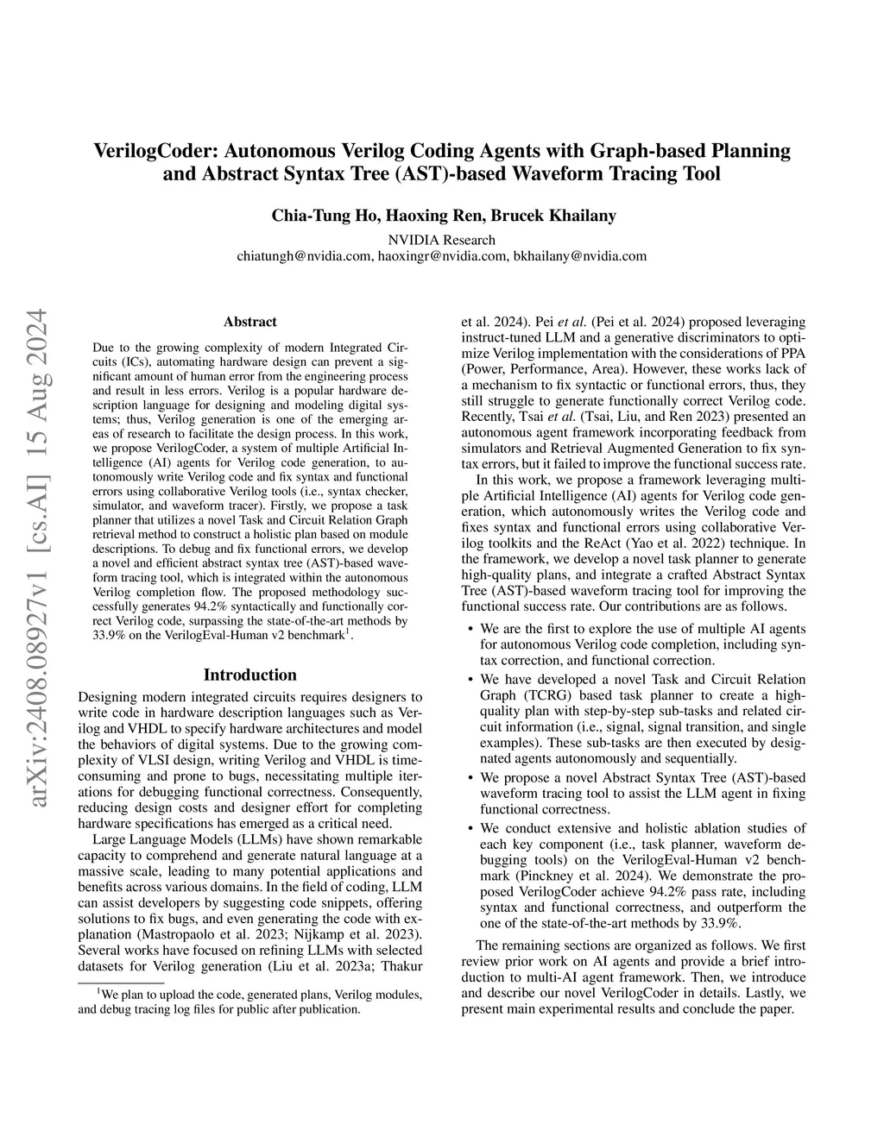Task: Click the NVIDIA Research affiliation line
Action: pyautogui.click(x=442, y=240)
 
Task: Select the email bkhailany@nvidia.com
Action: pyautogui.click(x=580, y=256)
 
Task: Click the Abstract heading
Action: pyautogui.click(x=250, y=322)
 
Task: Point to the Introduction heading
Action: pyautogui.click(x=250, y=675)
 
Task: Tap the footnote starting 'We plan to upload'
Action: pyautogui.click(x=250, y=1001)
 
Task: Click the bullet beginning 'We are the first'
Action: pyautogui.click(x=642, y=629)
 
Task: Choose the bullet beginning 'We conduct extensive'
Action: pyautogui.click(x=642, y=828)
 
